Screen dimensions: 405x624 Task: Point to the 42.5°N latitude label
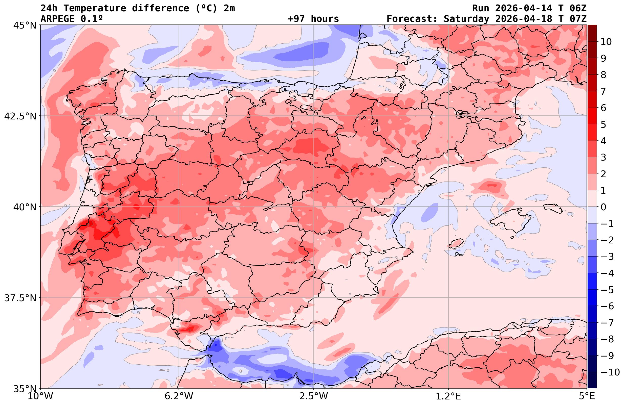tap(20, 116)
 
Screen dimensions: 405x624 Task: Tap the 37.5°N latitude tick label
tap(20, 298)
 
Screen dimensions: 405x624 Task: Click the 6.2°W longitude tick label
tap(179, 396)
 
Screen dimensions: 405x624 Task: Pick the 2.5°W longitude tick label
tap(314, 396)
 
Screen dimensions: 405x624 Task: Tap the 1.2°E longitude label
tap(448, 396)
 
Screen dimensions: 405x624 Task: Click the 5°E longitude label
tap(587, 396)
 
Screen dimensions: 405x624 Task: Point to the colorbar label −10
tap(610, 372)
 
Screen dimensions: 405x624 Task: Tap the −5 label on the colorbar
tap(607, 290)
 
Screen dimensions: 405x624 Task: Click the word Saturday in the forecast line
tap(466, 19)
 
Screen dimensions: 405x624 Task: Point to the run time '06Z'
tap(578, 8)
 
